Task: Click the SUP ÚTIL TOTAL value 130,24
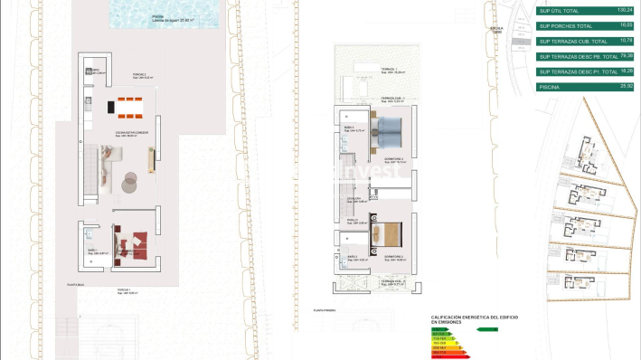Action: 619,11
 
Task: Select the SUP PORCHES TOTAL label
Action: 566,26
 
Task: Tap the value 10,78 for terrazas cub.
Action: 620,41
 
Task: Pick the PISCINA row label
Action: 550,86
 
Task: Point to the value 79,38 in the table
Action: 620,55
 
